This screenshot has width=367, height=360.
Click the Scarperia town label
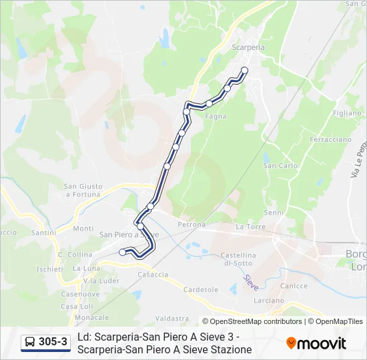[248, 48]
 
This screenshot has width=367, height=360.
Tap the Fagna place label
[216, 116]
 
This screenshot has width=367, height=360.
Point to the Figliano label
[346, 113]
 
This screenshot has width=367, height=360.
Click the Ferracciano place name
[330, 140]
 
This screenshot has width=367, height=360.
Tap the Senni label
[274, 213]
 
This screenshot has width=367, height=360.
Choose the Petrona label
[192, 225]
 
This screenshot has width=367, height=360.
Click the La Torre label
[251, 227]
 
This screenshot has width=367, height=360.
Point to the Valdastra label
[171, 319]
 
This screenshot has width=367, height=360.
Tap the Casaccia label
[153, 275]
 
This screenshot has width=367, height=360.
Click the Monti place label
[83, 229]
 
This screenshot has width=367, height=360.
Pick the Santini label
[43, 233]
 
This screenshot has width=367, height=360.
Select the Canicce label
[294, 286]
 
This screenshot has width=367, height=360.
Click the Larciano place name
[269, 301]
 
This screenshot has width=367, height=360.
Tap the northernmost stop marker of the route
[244, 70]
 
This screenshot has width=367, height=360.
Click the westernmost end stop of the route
[122, 252]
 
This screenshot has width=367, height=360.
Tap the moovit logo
[316, 343]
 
